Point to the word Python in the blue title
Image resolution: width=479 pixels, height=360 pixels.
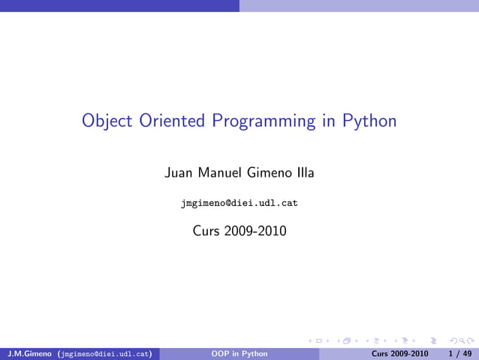[x=369, y=121]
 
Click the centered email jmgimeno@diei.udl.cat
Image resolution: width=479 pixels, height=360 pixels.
[x=239, y=203]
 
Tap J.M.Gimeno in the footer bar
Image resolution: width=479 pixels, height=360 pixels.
[x=29, y=353]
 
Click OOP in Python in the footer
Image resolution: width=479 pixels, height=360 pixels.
[x=239, y=353]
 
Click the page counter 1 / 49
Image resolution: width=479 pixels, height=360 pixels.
[x=459, y=353]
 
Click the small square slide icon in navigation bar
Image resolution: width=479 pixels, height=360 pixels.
[x=318, y=342]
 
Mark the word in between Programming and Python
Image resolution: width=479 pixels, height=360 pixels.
[x=328, y=121]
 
